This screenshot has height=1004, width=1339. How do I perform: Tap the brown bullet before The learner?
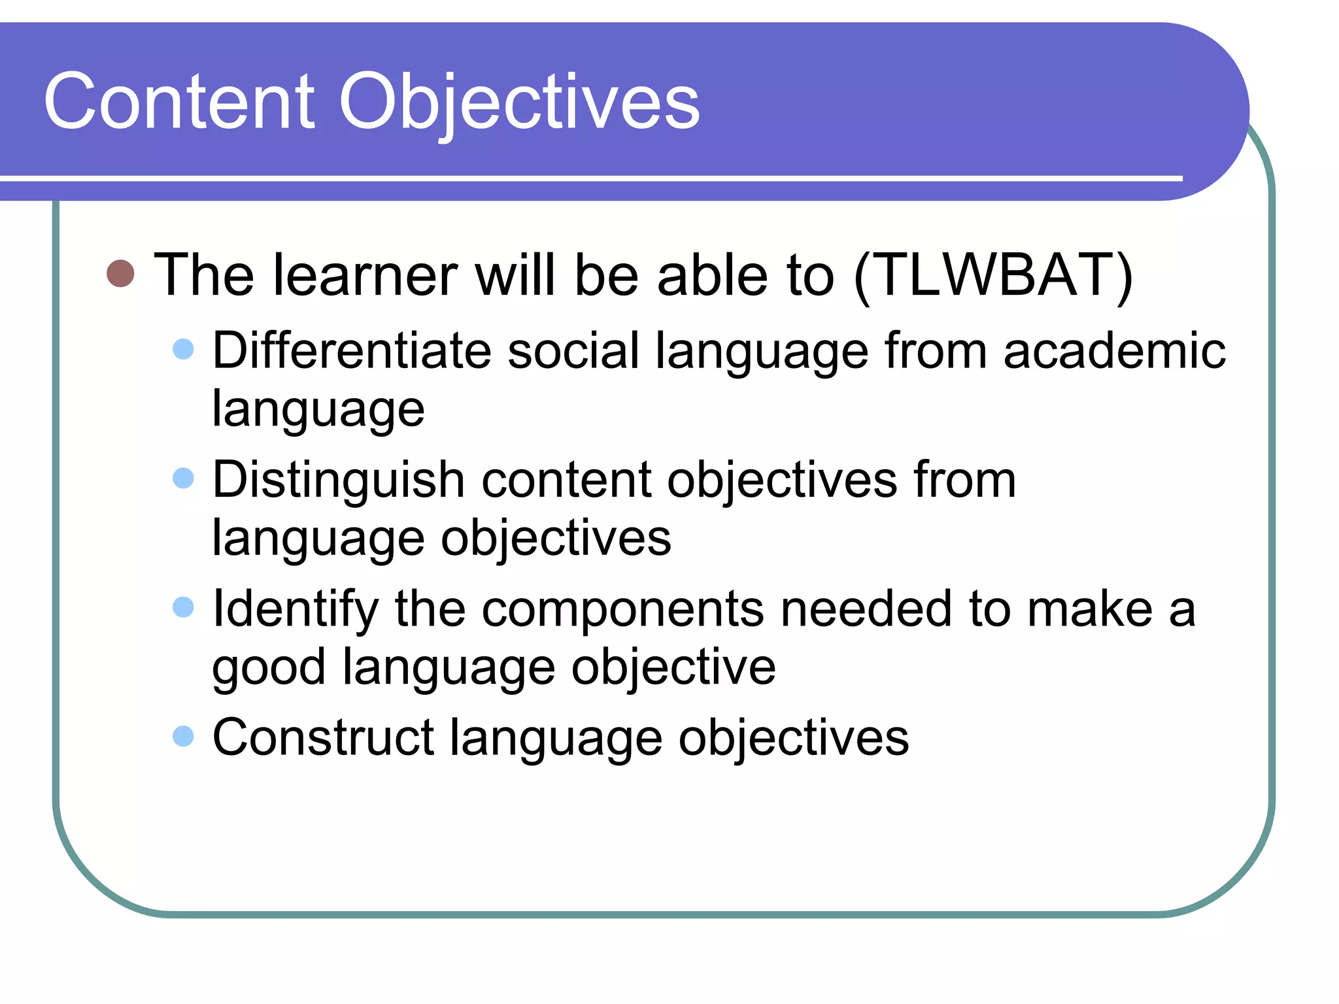click(x=120, y=273)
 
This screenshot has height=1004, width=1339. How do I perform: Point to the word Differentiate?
click(x=352, y=351)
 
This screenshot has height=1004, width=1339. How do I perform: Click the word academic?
click(x=1114, y=351)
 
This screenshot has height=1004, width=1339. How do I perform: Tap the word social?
click(x=573, y=351)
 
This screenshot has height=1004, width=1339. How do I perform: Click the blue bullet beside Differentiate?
click(x=184, y=349)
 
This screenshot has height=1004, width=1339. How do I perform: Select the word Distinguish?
click(x=339, y=480)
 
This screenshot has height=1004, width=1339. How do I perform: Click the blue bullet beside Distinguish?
click(x=184, y=478)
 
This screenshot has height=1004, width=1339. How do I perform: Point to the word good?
click(x=269, y=668)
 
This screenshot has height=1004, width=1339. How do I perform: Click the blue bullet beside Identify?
click(x=184, y=607)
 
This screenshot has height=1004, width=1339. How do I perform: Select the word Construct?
click(x=323, y=737)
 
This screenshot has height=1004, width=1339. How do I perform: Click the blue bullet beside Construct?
click(x=184, y=736)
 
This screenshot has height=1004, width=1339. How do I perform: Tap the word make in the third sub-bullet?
click(x=1089, y=609)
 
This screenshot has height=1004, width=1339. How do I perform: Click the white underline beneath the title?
click(x=588, y=178)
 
